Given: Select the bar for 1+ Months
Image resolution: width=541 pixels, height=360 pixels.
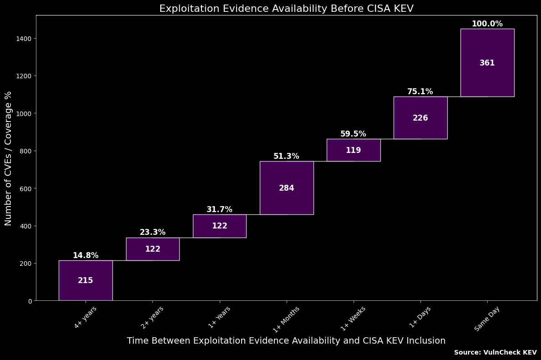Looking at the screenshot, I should click(287, 200).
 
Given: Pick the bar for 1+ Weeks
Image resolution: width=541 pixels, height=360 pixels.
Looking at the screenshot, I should click(354, 156).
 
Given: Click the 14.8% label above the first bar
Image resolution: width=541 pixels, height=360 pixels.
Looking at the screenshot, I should click(86, 255).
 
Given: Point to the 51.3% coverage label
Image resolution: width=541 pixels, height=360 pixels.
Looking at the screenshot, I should click(286, 156).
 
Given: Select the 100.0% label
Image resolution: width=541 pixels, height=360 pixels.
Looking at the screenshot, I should click(487, 24).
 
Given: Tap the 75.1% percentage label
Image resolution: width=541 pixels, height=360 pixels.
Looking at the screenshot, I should click(420, 91).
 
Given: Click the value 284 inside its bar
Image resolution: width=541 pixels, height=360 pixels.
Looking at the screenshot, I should click(287, 188).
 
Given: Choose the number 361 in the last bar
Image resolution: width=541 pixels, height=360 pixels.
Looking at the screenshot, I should click(487, 63).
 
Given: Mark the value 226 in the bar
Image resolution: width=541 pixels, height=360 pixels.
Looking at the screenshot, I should click(420, 118).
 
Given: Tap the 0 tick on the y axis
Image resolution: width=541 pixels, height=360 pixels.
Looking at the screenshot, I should click(30, 301).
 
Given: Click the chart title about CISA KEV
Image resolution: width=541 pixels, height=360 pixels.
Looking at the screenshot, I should click(286, 9).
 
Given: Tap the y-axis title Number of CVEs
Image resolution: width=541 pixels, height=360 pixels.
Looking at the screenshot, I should click(8, 158).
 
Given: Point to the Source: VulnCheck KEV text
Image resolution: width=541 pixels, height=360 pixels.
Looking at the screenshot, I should click(495, 352).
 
